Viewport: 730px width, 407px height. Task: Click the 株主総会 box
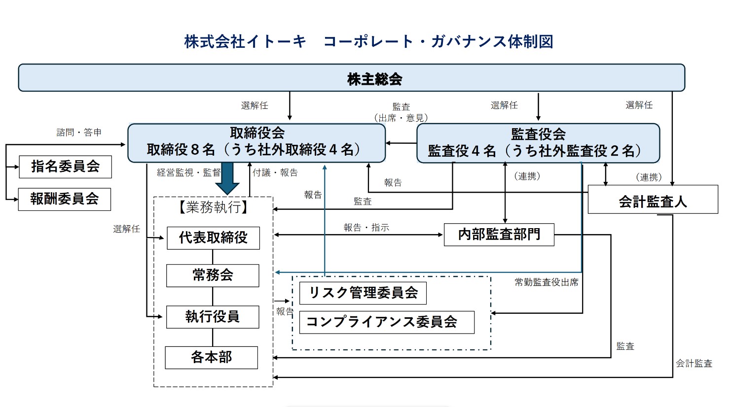(x=351, y=78)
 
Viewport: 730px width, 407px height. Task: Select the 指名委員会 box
(x=65, y=167)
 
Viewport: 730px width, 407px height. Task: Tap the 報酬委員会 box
(x=65, y=199)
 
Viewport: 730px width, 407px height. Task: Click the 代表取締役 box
(x=213, y=238)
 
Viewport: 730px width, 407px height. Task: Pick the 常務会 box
(x=213, y=275)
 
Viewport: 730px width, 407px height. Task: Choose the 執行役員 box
(x=213, y=317)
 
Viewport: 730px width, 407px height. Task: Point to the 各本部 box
(x=211, y=357)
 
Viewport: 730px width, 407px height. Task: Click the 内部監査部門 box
(x=499, y=235)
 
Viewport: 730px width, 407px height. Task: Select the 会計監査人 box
(x=653, y=200)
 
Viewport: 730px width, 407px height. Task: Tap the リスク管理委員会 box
(x=363, y=293)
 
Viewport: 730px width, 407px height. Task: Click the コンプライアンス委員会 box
(x=387, y=322)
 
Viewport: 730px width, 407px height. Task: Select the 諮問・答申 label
(x=79, y=132)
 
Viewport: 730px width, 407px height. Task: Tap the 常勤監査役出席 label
(x=547, y=282)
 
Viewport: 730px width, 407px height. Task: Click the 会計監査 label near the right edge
(x=693, y=363)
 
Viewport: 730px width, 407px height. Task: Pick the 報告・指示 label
(x=366, y=227)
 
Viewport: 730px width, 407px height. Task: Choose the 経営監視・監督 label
(x=188, y=172)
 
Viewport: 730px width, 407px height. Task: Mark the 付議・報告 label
(x=275, y=172)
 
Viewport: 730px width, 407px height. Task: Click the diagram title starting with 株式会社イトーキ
(x=368, y=41)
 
